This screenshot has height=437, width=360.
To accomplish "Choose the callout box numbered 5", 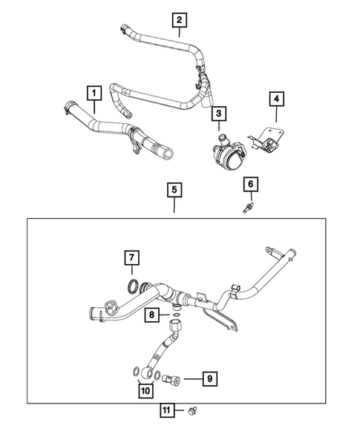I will (174, 191).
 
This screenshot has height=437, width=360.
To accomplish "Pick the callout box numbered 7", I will (131, 258).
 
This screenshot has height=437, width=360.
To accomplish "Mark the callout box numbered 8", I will (151, 315).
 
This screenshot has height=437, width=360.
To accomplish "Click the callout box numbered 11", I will (168, 410).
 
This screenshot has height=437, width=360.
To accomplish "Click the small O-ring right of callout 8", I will (175, 314).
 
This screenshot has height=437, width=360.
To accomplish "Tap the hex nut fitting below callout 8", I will (177, 326).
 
